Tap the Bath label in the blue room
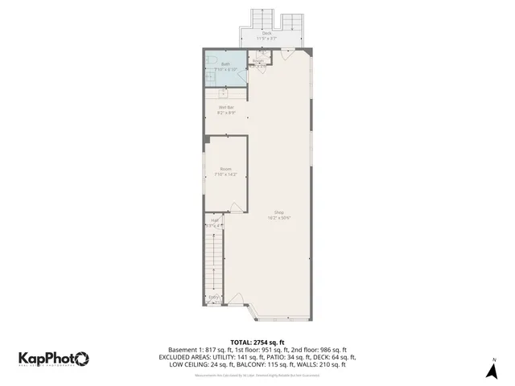click(x=226, y=65)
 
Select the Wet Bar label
click(x=226, y=107)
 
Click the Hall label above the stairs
click(x=215, y=220)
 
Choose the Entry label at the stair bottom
click(x=214, y=297)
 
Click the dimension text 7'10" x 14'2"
click(x=226, y=174)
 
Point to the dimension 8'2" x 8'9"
click(x=226, y=113)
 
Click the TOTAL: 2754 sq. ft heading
click(x=257, y=342)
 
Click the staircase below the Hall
click(x=212, y=261)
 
